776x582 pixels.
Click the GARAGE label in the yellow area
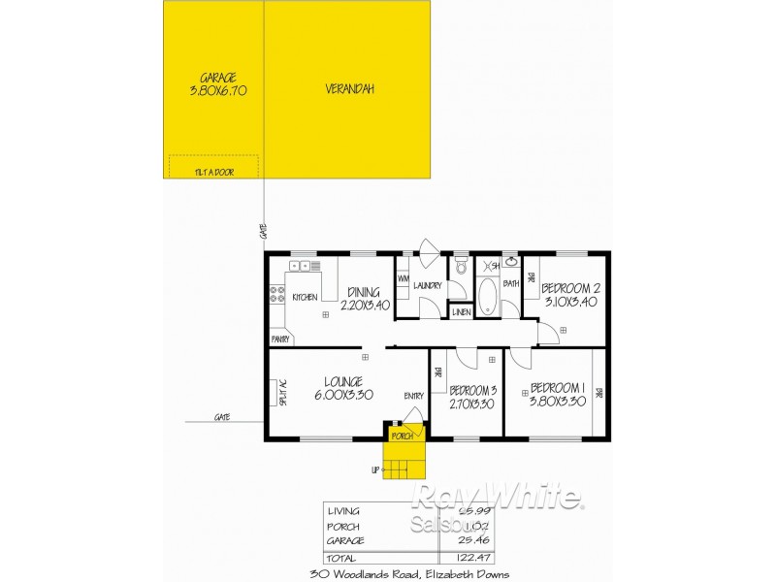(x=218, y=78)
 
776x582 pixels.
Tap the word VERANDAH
(x=350, y=89)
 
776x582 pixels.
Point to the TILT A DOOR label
(x=214, y=172)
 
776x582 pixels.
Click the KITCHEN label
(x=306, y=297)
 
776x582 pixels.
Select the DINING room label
(x=364, y=291)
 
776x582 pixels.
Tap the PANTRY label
(x=281, y=339)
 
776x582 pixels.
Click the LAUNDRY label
(x=428, y=285)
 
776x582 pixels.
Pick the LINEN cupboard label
(x=462, y=312)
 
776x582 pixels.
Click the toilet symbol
(x=461, y=265)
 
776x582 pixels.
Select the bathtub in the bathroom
(x=487, y=297)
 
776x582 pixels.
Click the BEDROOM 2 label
(x=571, y=288)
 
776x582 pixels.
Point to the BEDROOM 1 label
(x=558, y=386)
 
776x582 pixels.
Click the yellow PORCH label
(x=403, y=436)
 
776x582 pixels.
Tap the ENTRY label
(x=414, y=396)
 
